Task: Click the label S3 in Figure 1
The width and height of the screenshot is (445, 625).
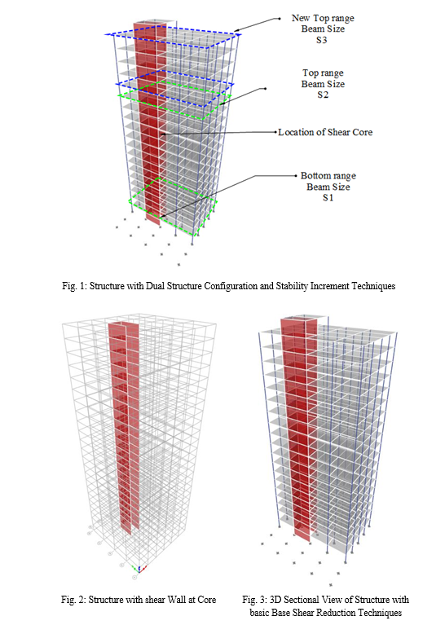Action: point(321,40)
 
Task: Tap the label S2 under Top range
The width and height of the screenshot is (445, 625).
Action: point(323,95)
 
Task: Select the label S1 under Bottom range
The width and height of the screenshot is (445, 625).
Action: point(328,198)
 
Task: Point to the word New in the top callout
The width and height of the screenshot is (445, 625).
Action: point(301,18)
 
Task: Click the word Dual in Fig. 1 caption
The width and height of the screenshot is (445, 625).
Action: point(155,286)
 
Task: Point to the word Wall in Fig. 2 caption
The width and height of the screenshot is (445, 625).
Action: point(176,600)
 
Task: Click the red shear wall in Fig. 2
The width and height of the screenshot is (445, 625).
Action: point(124,426)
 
